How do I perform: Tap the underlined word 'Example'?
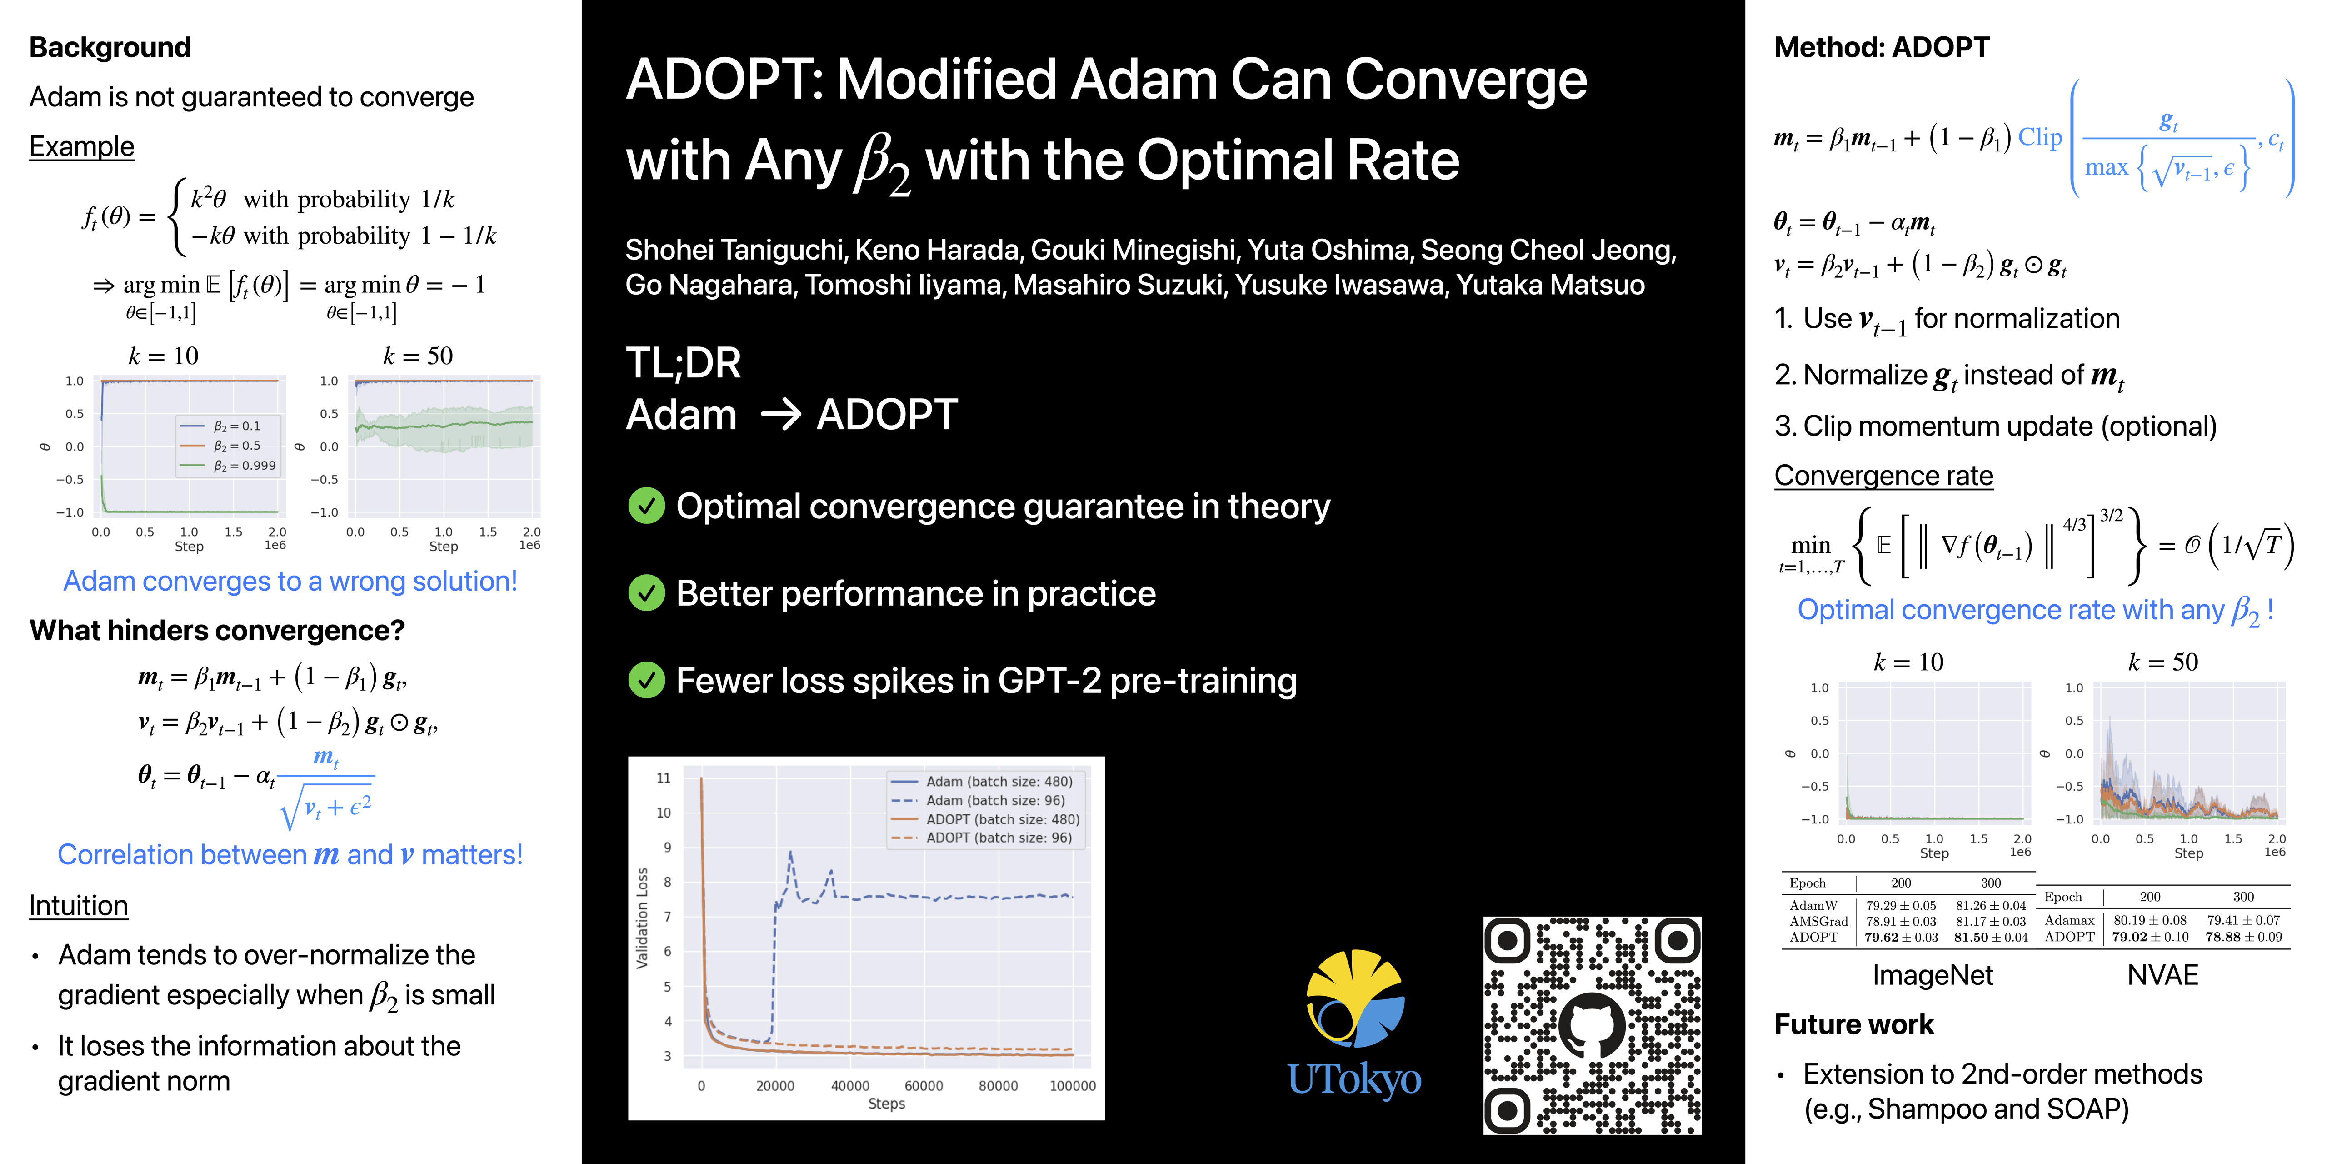click(x=81, y=146)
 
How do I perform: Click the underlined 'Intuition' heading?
click(x=79, y=906)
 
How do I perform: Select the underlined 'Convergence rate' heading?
click(x=1883, y=475)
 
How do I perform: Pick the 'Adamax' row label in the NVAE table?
click(x=2070, y=920)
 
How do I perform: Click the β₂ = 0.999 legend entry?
click(x=244, y=466)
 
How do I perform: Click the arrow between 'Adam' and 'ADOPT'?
click(x=780, y=415)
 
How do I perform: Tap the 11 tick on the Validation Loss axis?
click(x=664, y=778)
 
